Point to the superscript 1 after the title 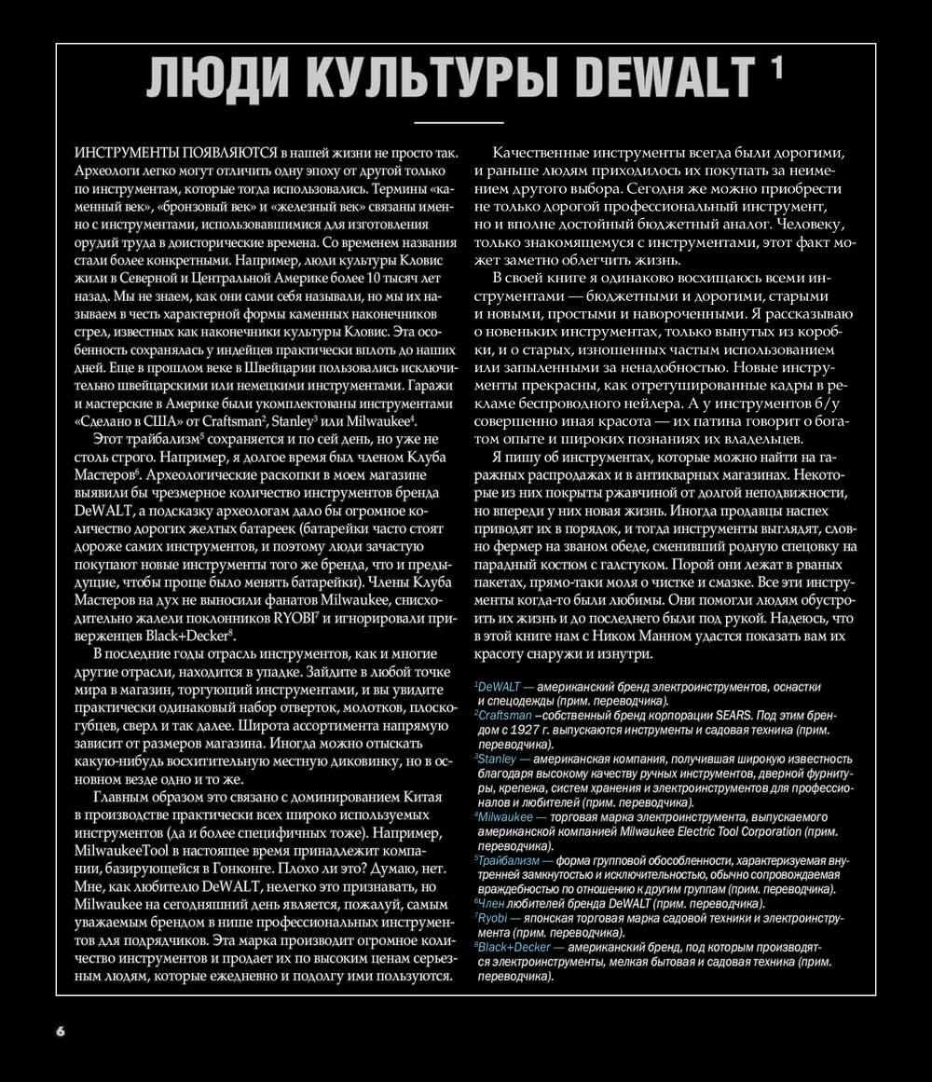(776, 67)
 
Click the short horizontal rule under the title (458, 122)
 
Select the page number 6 (61, 1031)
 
